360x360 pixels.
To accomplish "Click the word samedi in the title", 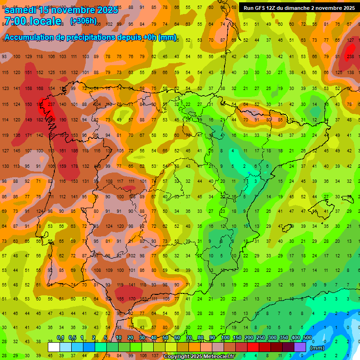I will (23, 10).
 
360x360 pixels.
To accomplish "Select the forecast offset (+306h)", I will (83, 21).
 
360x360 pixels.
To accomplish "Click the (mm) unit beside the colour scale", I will (317, 348).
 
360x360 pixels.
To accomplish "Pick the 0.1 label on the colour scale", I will (60, 337).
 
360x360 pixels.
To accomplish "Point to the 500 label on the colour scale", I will (307, 337).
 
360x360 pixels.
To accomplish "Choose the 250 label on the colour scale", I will (260, 337).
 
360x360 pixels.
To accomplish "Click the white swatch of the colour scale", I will (54, 347).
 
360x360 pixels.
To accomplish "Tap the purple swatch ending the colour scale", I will (300, 347).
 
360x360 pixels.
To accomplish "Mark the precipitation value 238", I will (350, 57).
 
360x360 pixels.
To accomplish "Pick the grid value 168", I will (39, 88).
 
